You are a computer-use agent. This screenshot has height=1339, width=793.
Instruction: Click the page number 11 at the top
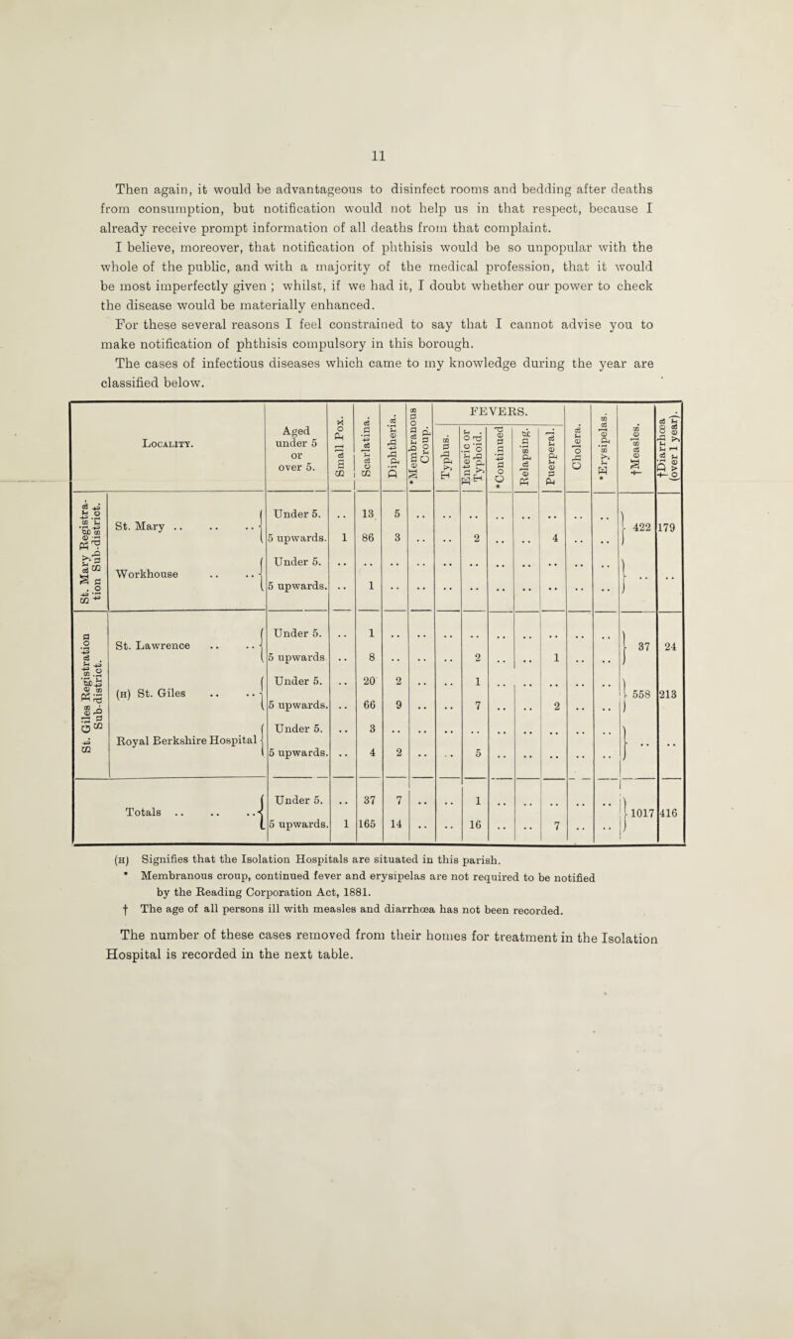[x=396, y=99]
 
